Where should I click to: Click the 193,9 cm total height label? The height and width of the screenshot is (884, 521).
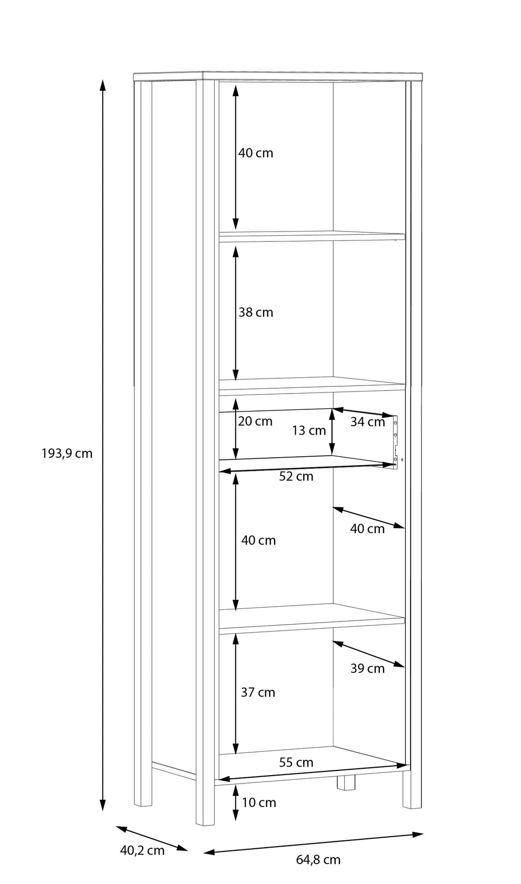click(x=67, y=454)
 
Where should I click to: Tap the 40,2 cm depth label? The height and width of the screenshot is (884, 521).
click(x=142, y=850)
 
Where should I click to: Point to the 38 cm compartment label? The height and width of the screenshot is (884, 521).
click(x=256, y=312)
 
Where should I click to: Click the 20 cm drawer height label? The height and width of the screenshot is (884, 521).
click(x=255, y=421)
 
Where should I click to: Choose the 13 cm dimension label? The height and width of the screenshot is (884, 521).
click(x=308, y=430)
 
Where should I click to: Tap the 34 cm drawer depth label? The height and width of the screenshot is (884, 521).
click(x=367, y=422)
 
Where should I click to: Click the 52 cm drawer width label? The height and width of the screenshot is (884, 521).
click(x=296, y=476)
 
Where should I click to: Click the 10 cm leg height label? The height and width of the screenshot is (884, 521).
click(x=259, y=803)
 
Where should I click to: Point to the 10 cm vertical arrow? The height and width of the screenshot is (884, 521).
click(x=236, y=803)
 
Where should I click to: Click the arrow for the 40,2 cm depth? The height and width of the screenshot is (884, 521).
click(x=152, y=839)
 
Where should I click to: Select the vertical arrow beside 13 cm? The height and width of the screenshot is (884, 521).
click(x=332, y=431)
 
